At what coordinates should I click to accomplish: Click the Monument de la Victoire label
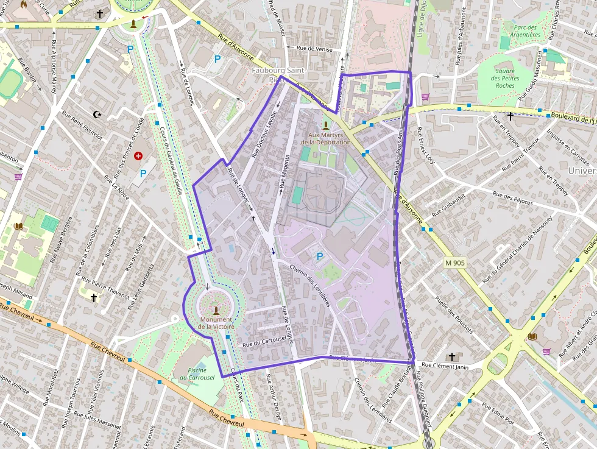tap(216, 323)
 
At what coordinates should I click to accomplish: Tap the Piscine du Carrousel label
tap(197, 373)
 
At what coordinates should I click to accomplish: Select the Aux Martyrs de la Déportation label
tap(326, 138)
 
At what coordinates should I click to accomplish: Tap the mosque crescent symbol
tap(97, 114)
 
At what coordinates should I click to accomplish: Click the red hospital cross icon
tap(138, 157)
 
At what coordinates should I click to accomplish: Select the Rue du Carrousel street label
tap(264, 342)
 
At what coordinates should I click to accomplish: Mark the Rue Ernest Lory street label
tap(426, 146)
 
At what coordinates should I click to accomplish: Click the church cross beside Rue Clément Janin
tap(451, 356)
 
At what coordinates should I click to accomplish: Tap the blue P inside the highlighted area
tap(319, 257)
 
